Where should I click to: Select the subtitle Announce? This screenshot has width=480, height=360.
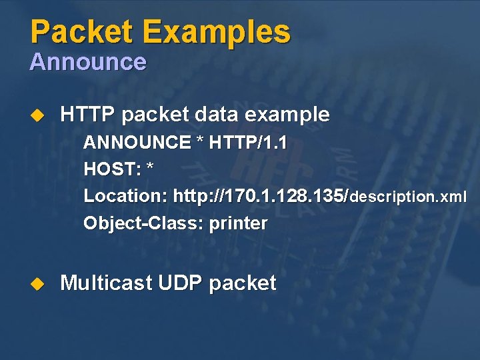87,62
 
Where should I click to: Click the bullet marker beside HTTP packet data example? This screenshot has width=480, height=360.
37,115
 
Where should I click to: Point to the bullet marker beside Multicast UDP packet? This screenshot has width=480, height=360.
37,284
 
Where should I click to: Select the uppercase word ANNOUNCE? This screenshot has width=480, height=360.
137,143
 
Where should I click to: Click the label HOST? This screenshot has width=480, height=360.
112,169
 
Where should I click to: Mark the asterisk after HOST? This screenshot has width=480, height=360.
149,168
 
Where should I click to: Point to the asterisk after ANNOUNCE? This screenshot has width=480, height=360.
199,141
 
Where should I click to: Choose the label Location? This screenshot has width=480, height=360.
125,197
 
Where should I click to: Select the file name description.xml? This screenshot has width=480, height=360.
408,197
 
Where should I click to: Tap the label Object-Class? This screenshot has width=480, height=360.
143,223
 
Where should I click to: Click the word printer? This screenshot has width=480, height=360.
238,223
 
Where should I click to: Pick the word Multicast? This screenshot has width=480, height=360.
106,283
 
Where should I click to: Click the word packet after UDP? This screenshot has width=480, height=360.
243,284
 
